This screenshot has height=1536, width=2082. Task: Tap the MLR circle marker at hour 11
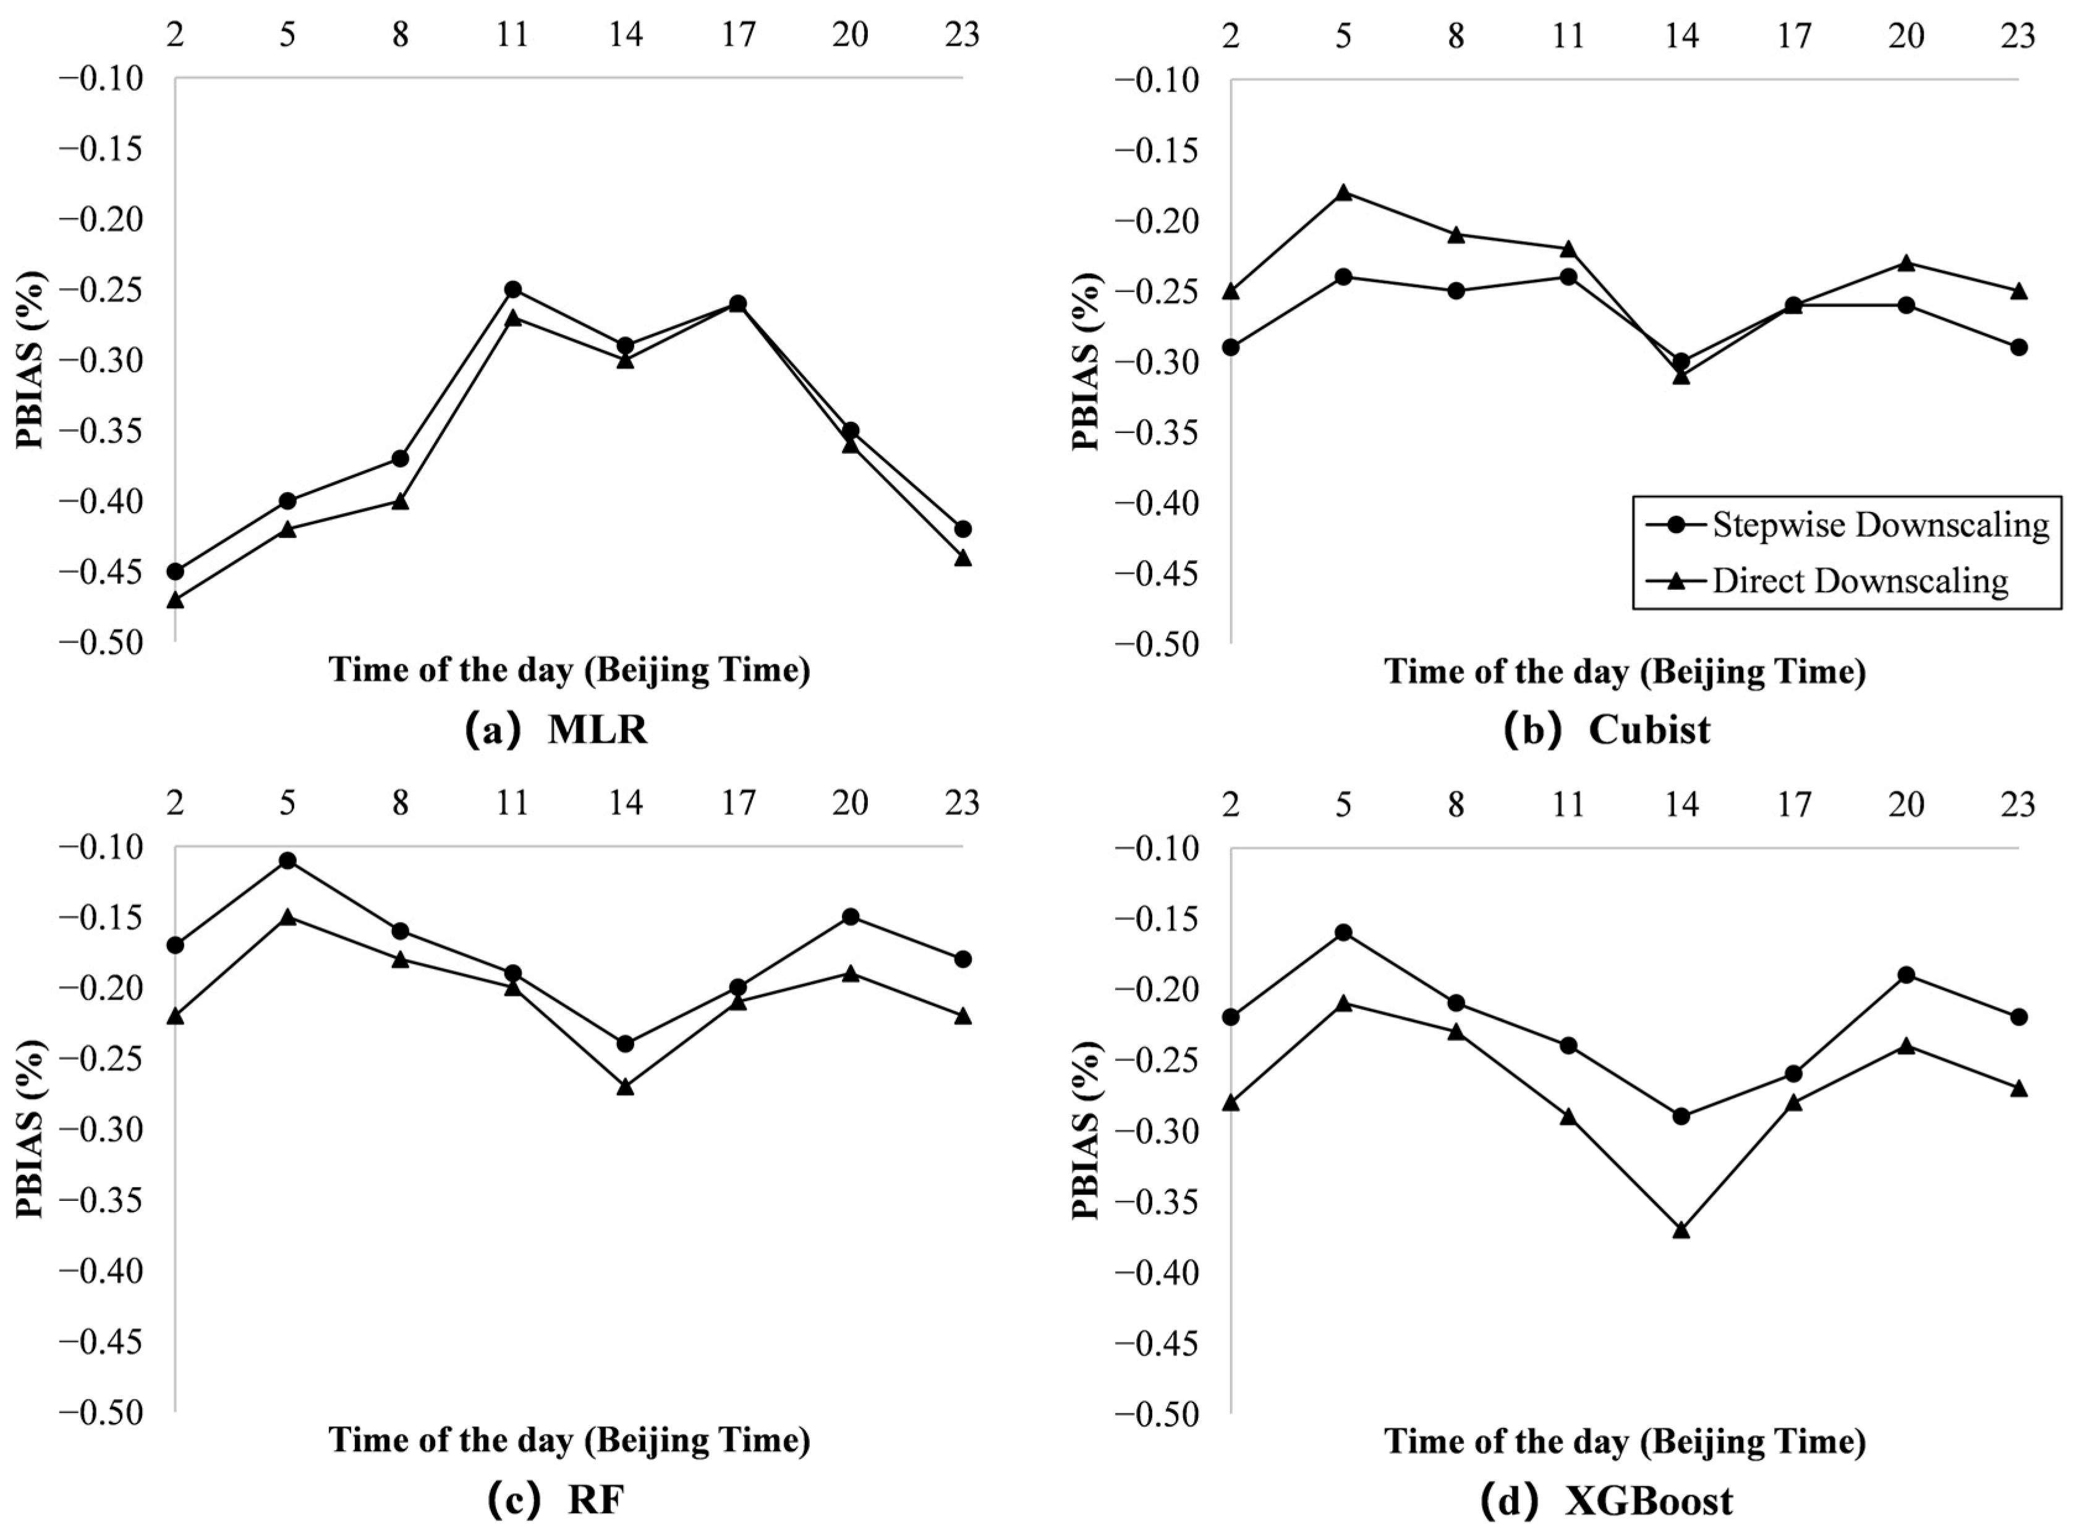click(x=512, y=290)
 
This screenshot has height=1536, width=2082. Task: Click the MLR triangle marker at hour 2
click(x=175, y=600)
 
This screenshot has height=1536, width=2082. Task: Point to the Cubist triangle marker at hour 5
click(x=1343, y=192)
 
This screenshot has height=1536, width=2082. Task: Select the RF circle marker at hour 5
click(x=287, y=861)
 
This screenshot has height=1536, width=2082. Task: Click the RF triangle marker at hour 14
click(x=626, y=1086)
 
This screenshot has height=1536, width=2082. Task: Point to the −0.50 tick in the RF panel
click(x=102, y=1414)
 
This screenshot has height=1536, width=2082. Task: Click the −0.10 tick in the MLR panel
click(x=102, y=79)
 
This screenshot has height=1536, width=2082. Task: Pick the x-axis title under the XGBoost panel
click(x=1625, y=1441)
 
